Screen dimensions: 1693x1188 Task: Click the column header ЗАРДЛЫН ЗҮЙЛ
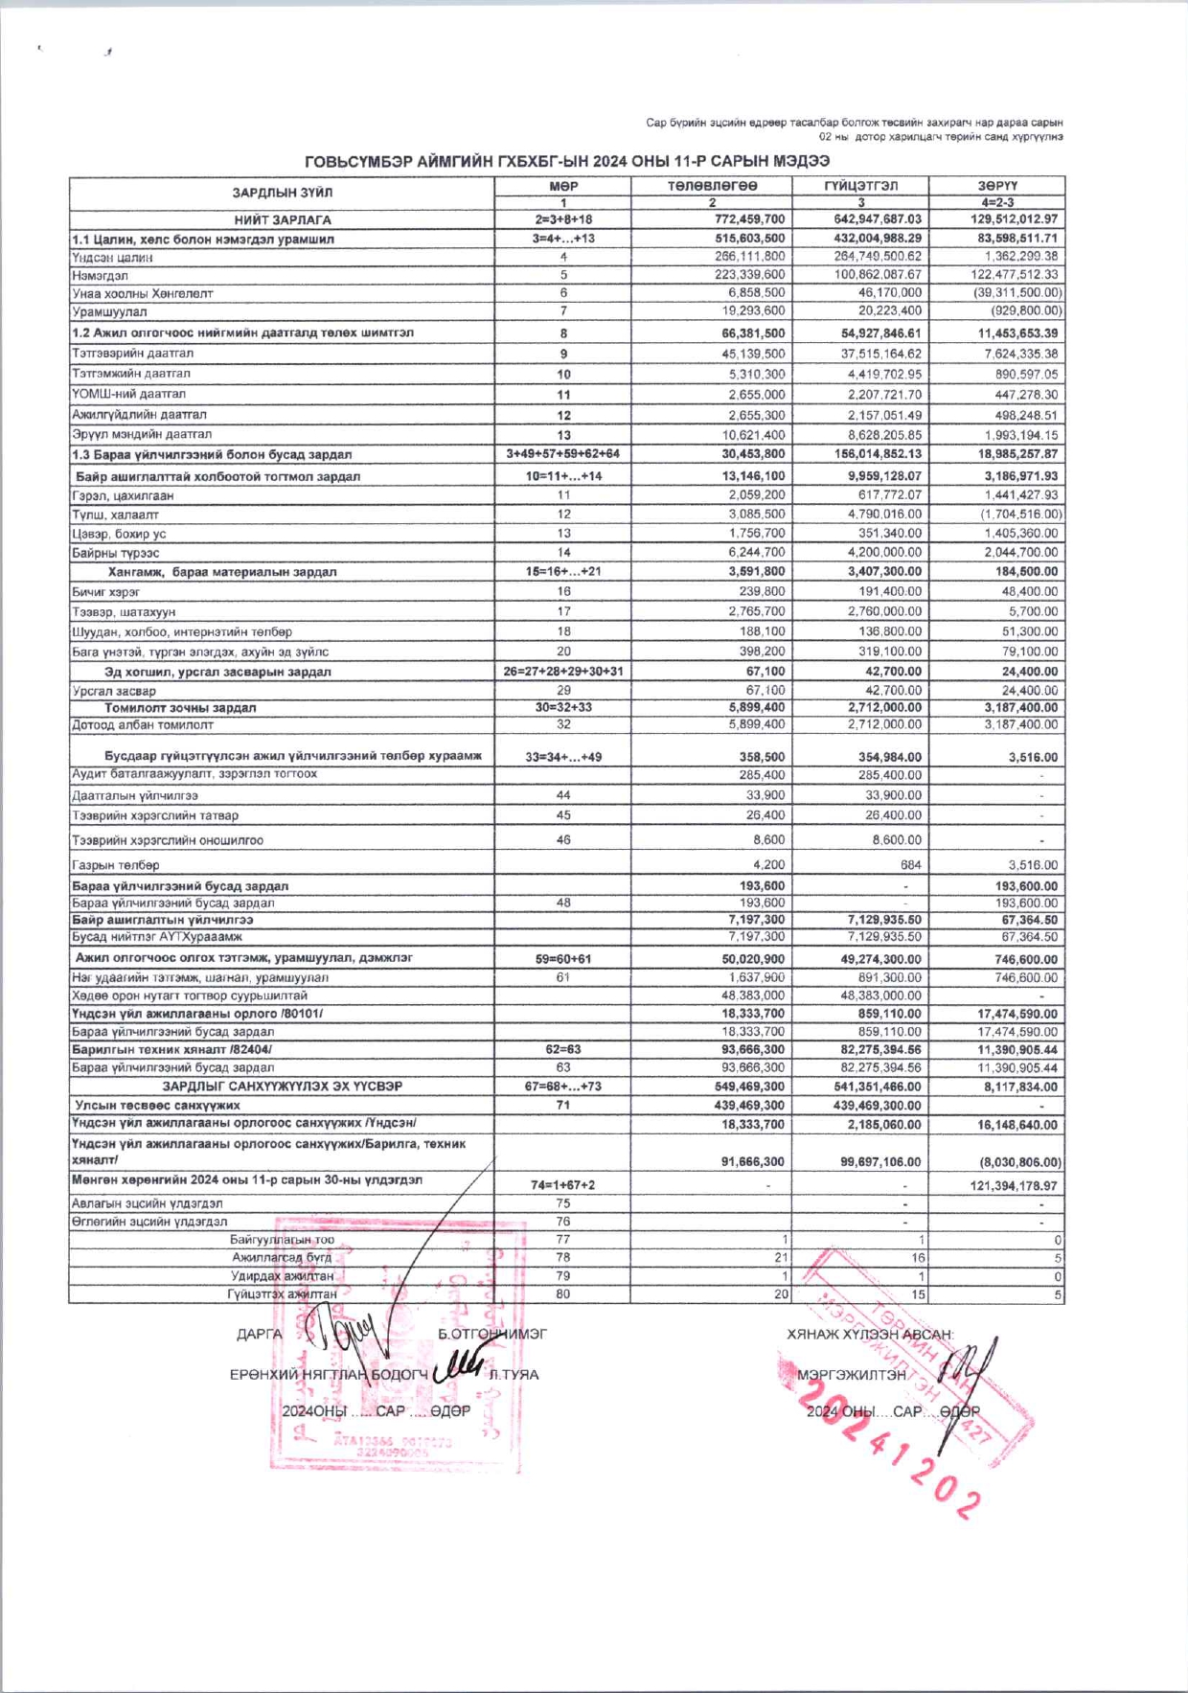coord(283,193)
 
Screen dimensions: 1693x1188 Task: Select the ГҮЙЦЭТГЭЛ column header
coord(861,186)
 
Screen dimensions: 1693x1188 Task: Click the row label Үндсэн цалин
coord(112,257)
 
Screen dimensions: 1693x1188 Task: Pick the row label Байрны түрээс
coord(116,553)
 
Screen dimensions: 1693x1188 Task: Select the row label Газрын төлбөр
coord(116,865)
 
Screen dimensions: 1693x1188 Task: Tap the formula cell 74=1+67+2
coord(562,1185)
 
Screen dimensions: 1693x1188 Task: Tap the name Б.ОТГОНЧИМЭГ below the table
coord(492,1334)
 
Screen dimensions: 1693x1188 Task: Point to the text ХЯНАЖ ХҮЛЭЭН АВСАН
coord(870,1335)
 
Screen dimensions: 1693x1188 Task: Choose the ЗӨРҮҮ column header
coord(996,186)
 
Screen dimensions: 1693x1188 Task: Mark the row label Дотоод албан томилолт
coord(143,725)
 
